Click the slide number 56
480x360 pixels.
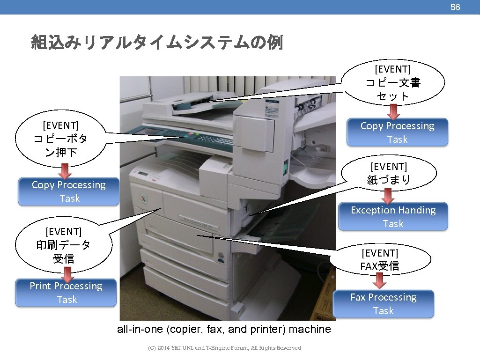pyautogui.click(x=455, y=7)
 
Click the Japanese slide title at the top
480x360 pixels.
pyautogui.click(x=157, y=43)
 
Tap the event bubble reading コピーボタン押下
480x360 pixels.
pyautogui.click(x=61, y=139)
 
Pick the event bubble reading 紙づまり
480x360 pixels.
pyautogui.click(x=389, y=173)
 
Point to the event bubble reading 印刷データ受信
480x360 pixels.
pyautogui.click(x=64, y=245)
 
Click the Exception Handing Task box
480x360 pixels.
pyautogui.click(x=393, y=216)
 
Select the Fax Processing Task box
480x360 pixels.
pyautogui.click(x=383, y=304)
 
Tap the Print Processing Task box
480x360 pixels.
pyautogui.click(x=66, y=293)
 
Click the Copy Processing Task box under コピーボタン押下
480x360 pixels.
pyautogui.click(x=69, y=191)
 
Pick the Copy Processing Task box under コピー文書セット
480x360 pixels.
pyautogui.click(x=397, y=132)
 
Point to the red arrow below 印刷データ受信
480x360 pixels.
pyautogui.click(x=67, y=272)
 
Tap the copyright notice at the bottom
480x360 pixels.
pyautogui.click(x=224, y=348)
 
